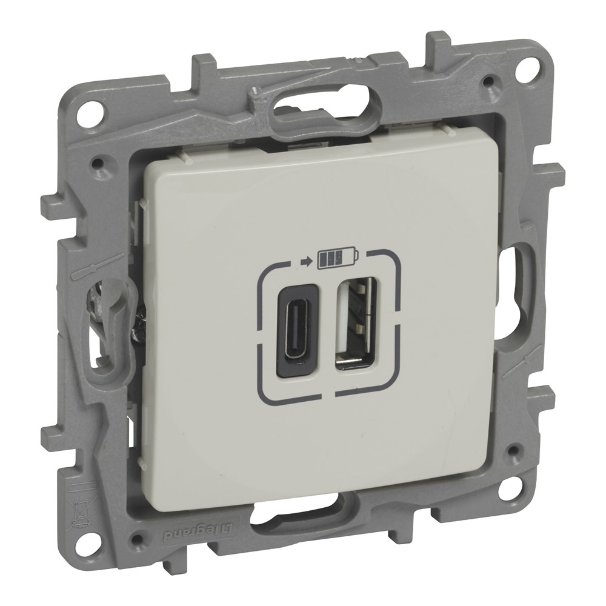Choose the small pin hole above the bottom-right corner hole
click(514, 451)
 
